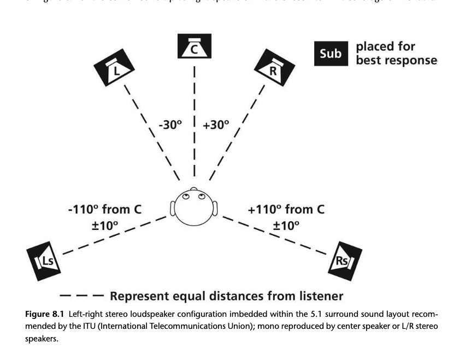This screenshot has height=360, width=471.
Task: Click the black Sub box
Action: click(x=331, y=54)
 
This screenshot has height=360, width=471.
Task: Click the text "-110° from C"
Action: click(x=106, y=209)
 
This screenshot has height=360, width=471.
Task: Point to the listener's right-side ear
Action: click(x=216, y=208)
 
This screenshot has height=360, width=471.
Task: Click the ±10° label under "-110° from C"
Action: click(x=105, y=225)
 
